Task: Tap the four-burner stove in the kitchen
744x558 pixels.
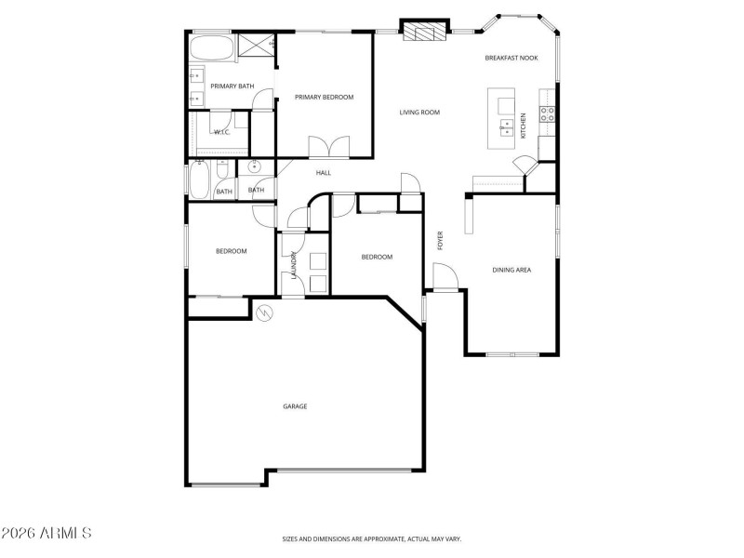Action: point(549,114)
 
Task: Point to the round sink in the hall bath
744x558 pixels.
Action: point(252,168)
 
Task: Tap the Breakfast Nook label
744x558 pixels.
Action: point(511,59)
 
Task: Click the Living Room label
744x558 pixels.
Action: point(419,113)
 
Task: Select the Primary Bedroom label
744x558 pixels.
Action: point(324,97)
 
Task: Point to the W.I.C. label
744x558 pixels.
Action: point(222,132)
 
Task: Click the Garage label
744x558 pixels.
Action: point(295,406)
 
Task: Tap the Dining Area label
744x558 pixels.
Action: point(511,270)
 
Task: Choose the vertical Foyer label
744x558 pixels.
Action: point(441,240)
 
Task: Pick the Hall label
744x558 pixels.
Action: point(324,172)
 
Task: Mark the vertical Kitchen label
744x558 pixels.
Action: point(523,126)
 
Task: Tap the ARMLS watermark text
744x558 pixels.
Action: point(46,534)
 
